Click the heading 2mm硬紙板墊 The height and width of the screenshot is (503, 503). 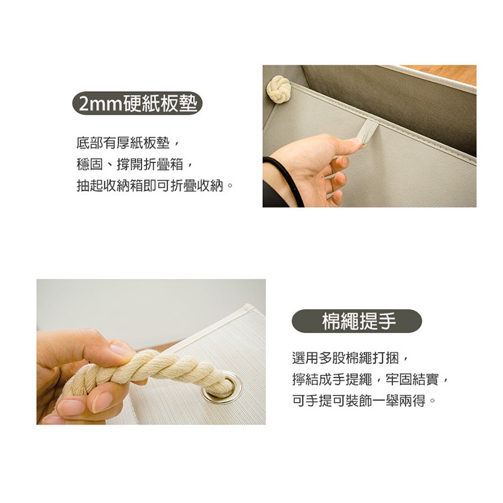pyautogui.click(x=137, y=103)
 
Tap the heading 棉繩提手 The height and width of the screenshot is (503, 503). pyautogui.click(x=357, y=321)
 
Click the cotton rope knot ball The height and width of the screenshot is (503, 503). pyautogui.click(x=279, y=89)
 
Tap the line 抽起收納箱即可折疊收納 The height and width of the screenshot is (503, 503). pyautogui.click(x=155, y=185)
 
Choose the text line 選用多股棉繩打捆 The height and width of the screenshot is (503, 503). pyautogui.click(x=350, y=358)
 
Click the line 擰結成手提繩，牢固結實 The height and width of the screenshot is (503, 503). pyautogui.click(x=370, y=379)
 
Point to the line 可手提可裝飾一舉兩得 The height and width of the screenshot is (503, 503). pyautogui.click(x=364, y=401)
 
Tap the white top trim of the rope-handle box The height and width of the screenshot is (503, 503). pyautogui.click(x=215, y=324)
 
